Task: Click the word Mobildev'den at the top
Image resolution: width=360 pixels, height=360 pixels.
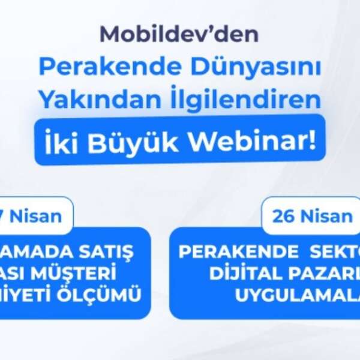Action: point(179,34)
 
